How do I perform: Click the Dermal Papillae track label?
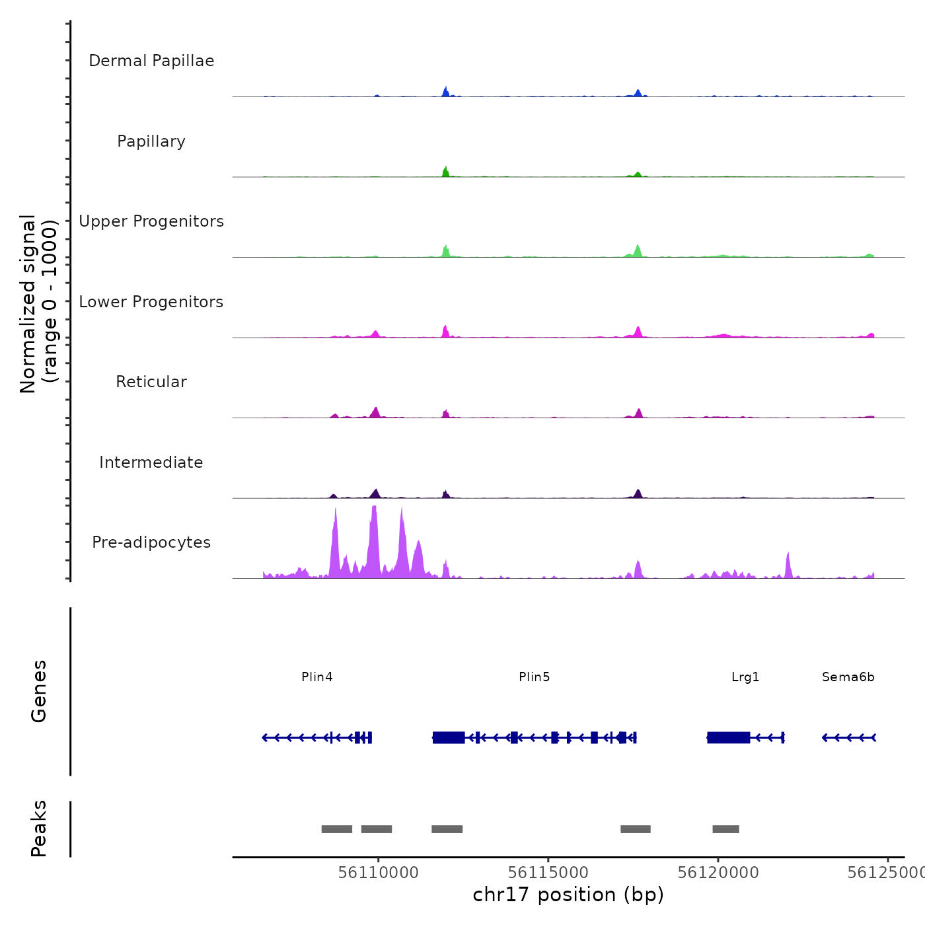[x=151, y=61]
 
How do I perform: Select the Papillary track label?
[x=151, y=141]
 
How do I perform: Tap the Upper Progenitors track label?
[x=151, y=221]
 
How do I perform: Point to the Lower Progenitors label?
[x=151, y=302]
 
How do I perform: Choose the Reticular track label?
[x=151, y=382]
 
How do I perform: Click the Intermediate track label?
[x=151, y=462]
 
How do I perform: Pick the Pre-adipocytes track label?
[x=151, y=542]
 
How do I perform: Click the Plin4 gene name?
[x=317, y=677]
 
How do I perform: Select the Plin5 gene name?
[x=535, y=677]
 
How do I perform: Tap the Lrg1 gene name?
[x=745, y=677]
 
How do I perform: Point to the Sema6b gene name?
[x=848, y=677]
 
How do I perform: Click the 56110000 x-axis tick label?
[x=379, y=873]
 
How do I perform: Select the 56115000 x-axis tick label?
[x=548, y=873]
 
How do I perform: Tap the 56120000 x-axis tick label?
[x=718, y=873]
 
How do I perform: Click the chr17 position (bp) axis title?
[x=568, y=895]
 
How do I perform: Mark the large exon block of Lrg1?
[x=728, y=737]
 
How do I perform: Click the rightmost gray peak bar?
[x=725, y=829]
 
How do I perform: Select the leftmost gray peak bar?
[x=337, y=829]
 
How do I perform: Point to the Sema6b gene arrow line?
[x=849, y=737]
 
